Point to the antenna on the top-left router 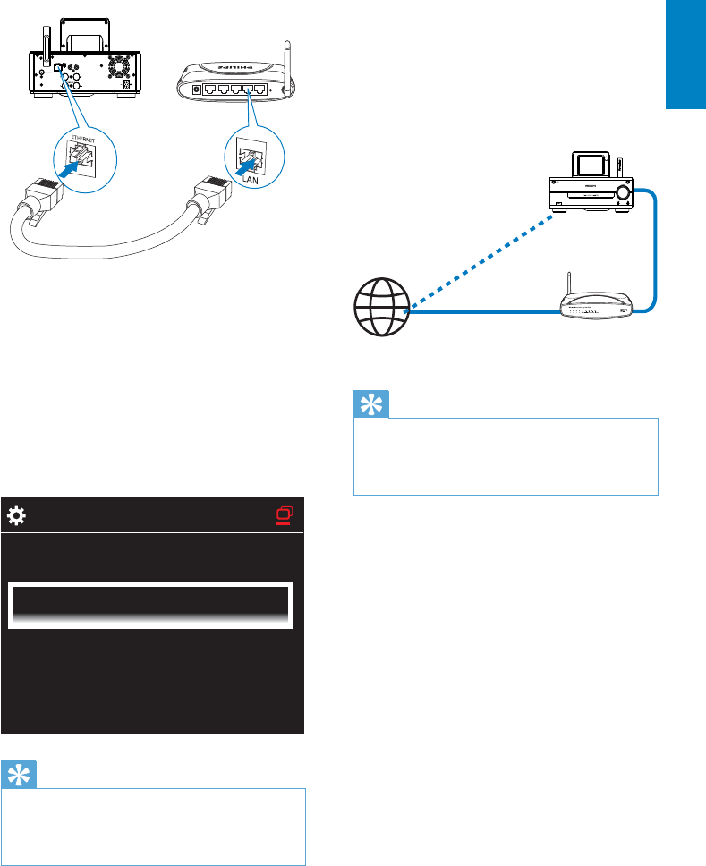tap(285, 64)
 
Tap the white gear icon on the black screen tap(16, 516)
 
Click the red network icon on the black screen tap(285, 516)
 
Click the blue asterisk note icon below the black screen tap(19, 774)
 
